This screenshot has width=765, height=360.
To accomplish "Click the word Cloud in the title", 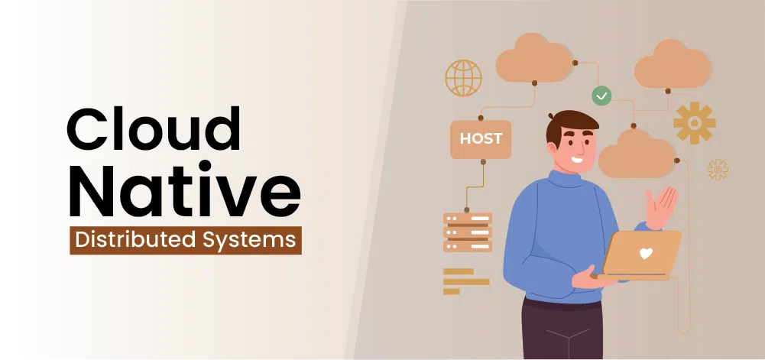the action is point(154,128).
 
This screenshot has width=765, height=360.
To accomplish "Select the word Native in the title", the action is point(184,191).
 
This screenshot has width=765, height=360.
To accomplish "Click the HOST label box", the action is point(481,139).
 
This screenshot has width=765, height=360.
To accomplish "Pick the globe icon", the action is point(463,77).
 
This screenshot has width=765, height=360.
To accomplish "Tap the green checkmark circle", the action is point(601,96).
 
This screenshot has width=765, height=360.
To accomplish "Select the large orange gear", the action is point(694,123).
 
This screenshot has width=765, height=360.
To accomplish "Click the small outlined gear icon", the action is point(718,169).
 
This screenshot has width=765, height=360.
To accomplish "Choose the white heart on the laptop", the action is point(646,253).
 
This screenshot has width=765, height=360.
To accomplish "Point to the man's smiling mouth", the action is point(577,160).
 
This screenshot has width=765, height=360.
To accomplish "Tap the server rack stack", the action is point(468,232).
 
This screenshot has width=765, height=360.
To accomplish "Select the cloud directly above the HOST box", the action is point(534,58).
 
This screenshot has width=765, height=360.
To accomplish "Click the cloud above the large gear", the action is point(672,64).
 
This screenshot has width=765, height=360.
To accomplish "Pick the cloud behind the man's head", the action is point(637,153).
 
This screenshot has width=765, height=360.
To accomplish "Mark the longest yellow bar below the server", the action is point(466,281).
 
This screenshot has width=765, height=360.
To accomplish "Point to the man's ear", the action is point(553,148).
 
